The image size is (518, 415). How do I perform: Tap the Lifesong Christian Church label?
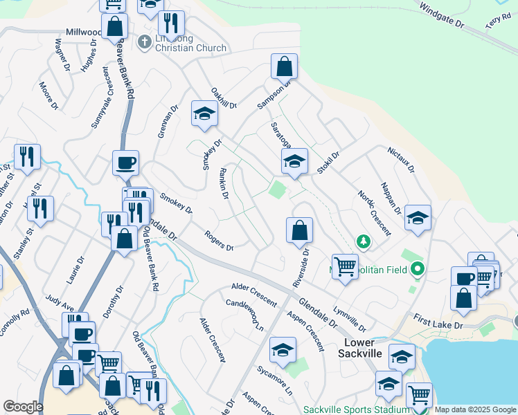[190, 43]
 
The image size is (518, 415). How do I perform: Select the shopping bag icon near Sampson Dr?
[285, 67]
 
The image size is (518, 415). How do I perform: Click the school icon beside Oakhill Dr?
[204, 114]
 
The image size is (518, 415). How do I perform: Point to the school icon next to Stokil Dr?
[294, 162]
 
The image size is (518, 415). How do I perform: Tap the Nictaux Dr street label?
[400, 160]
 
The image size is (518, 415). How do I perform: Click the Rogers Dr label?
[219, 241]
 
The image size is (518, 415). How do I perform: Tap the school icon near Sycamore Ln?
[283, 350]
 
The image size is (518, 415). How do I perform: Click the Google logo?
[23, 407]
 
